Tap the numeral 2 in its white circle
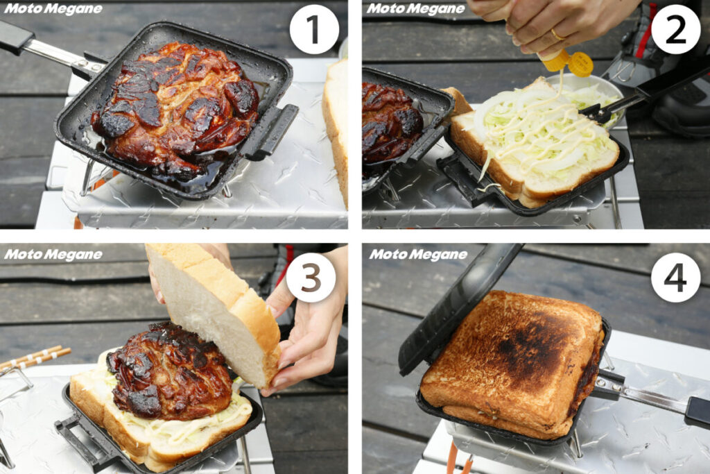point(675,30)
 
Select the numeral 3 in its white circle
point(311,278)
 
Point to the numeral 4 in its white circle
point(675,278)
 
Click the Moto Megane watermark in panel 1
point(53,9)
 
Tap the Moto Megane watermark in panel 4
point(418,255)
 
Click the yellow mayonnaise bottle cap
point(580,64)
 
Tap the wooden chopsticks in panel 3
point(35,357)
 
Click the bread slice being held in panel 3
point(213,313)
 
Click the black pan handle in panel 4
point(698,411)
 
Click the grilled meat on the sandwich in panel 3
point(168,371)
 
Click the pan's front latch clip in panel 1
point(270,131)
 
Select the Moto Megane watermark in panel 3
point(53,255)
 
